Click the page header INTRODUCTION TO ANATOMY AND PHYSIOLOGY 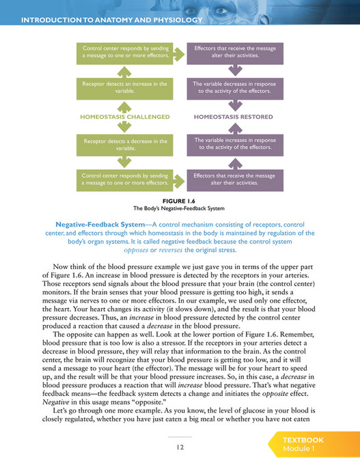pos(113,20)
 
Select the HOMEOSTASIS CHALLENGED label pos(125,117)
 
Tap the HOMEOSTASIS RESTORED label pos(234,117)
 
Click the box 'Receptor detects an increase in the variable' pos(125,87)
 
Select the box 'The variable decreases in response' pos(234,87)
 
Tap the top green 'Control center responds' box pos(125,53)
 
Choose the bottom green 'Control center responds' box pos(125,179)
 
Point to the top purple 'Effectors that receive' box pos(234,53)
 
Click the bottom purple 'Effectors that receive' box pos(234,179)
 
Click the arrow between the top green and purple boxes pos(180,53)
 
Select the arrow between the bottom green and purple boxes pos(180,179)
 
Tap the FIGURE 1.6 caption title pos(180,200)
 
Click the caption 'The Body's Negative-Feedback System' pos(180,208)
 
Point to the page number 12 pos(180,447)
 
